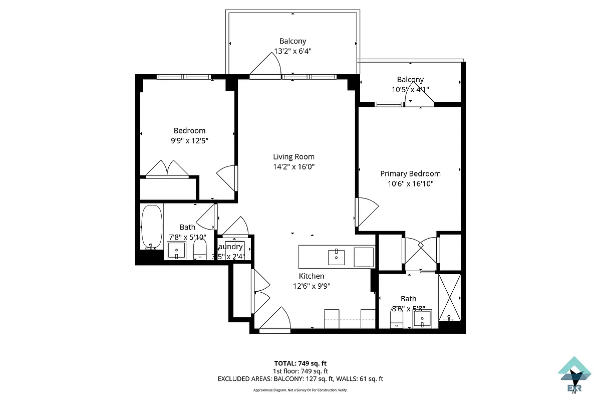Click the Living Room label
(293, 156)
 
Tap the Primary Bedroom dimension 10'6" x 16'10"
(410, 184)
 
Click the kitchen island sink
(336, 257)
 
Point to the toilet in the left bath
(200, 250)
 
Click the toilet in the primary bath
(397, 317)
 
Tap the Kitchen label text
(312, 276)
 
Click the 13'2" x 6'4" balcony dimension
(293, 51)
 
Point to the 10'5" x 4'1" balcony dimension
(410, 90)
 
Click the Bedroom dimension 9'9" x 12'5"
(189, 141)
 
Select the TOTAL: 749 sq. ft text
(300, 363)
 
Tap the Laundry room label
(231, 247)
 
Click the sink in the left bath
(176, 250)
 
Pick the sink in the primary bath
(422, 318)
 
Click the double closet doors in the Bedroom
(167, 169)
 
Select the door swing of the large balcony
(265, 67)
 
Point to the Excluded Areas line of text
(300, 379)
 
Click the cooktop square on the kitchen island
(364, 257)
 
